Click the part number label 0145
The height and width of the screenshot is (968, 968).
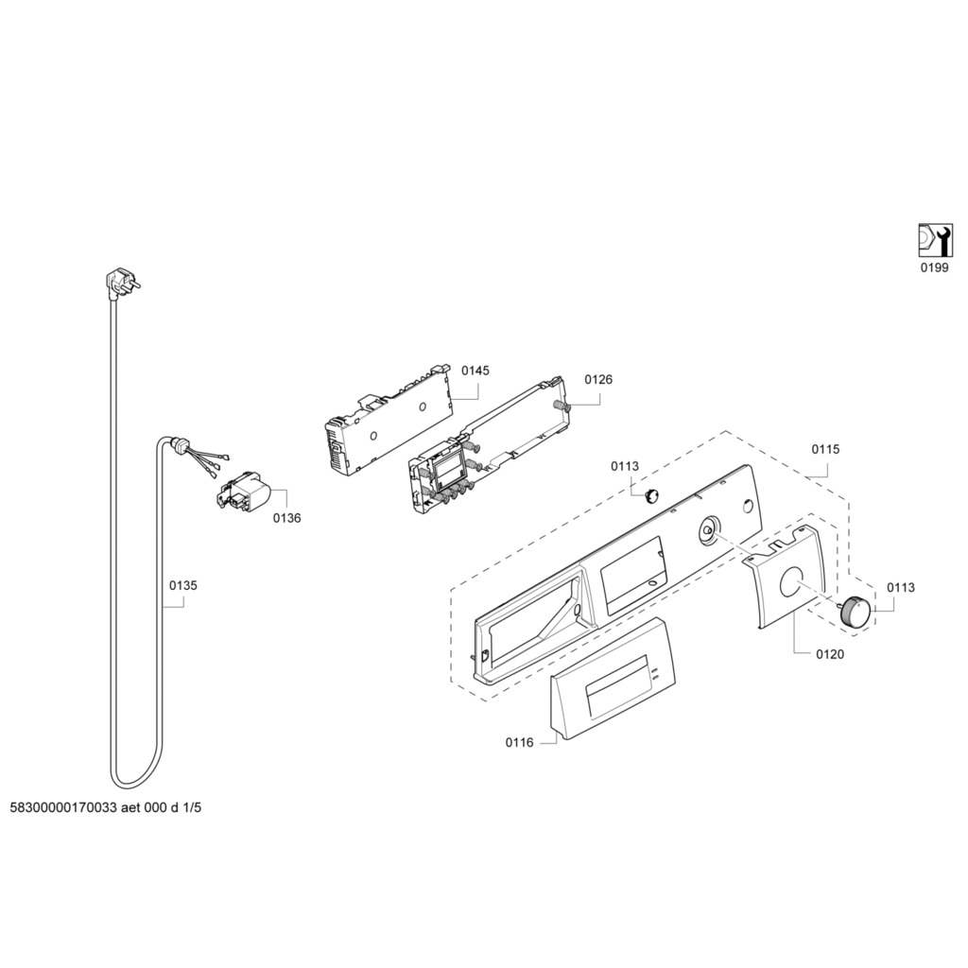click(x=475, y=371)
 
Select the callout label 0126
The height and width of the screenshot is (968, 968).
click(x=598, y=380)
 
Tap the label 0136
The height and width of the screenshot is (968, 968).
click(x=287, y=518)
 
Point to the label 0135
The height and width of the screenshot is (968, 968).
click(x=183, y=586)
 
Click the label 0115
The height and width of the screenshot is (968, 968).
click(x=825, y=450)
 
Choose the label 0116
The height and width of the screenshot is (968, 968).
click(x=519, y=743)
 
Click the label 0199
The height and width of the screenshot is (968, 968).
click(x=935, y=268)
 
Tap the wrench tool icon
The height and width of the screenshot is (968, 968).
click(x=935, y=239)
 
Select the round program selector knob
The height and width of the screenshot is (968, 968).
click(x=855, y=610)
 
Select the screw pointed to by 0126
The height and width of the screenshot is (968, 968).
click(x=563, y=406)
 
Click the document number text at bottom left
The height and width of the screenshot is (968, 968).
click(x=106, y=808)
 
